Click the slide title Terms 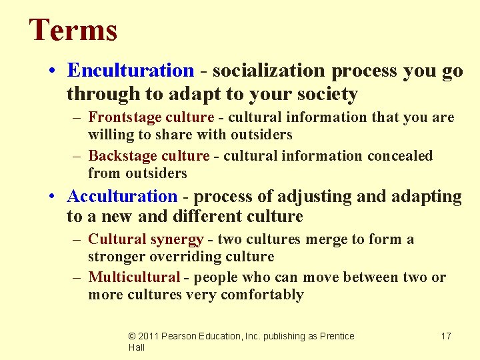click(73, 31)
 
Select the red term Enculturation click(131, 71)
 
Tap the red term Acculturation click(122, 197)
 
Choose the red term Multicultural click(134, 277)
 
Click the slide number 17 click(446, 336)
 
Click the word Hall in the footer click(137, 347)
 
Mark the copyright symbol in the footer click(133, 336)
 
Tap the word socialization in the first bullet click(267, 71)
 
